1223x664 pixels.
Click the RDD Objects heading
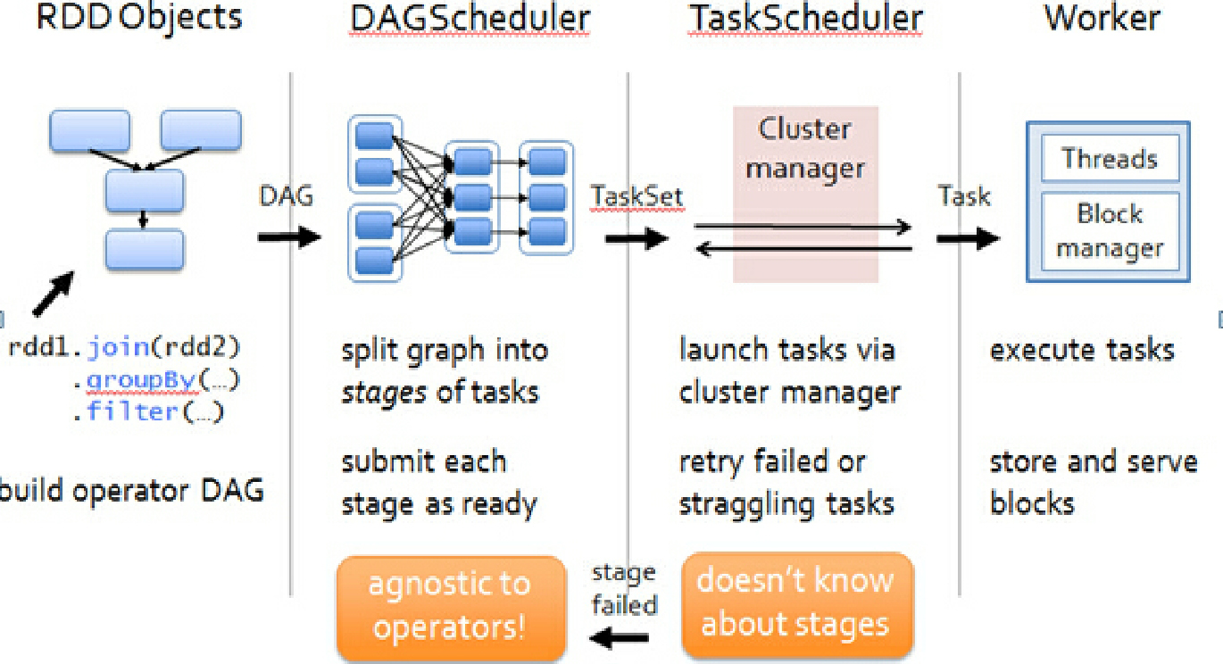tap(139, 19)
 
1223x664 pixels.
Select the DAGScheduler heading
tap(470, 19)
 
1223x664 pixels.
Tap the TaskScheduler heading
tap(805, 19)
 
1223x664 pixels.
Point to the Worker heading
tap(1102, 19)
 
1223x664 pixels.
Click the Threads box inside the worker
tap(1110, 158)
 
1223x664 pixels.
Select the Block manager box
tap(1110, 231)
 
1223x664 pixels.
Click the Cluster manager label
tap(805, 148)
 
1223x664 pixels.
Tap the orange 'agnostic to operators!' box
tap(451, 607)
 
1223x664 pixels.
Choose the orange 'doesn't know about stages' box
tap(797, 604)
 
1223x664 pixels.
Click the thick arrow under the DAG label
tap(289, 237)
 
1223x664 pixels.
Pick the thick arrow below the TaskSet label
tap(636, 238)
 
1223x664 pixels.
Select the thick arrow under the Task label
tap(968, 238)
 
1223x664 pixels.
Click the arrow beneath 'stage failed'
tap(620, 638)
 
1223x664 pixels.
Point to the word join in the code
tap(118, 348)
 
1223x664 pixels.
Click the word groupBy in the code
tap(141, 379)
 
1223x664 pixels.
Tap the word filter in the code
tap(133, 411)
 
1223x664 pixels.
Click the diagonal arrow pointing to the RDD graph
tap(53, 294)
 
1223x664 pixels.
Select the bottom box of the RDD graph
tap(144, 250)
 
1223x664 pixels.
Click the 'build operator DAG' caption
tap(131, 490)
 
